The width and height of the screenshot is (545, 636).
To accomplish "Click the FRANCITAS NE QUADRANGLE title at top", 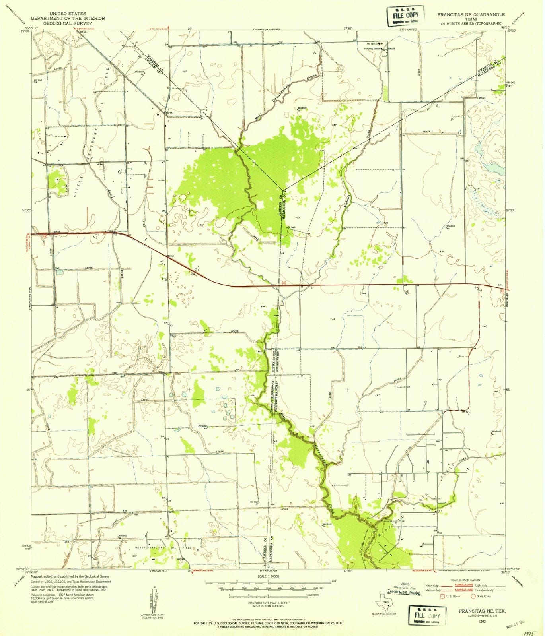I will click(471, 14).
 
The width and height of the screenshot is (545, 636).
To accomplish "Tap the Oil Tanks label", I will click(372, 43).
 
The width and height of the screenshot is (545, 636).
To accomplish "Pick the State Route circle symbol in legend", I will click(473, 596).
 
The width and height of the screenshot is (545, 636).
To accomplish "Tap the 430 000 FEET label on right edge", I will click(511, 84).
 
